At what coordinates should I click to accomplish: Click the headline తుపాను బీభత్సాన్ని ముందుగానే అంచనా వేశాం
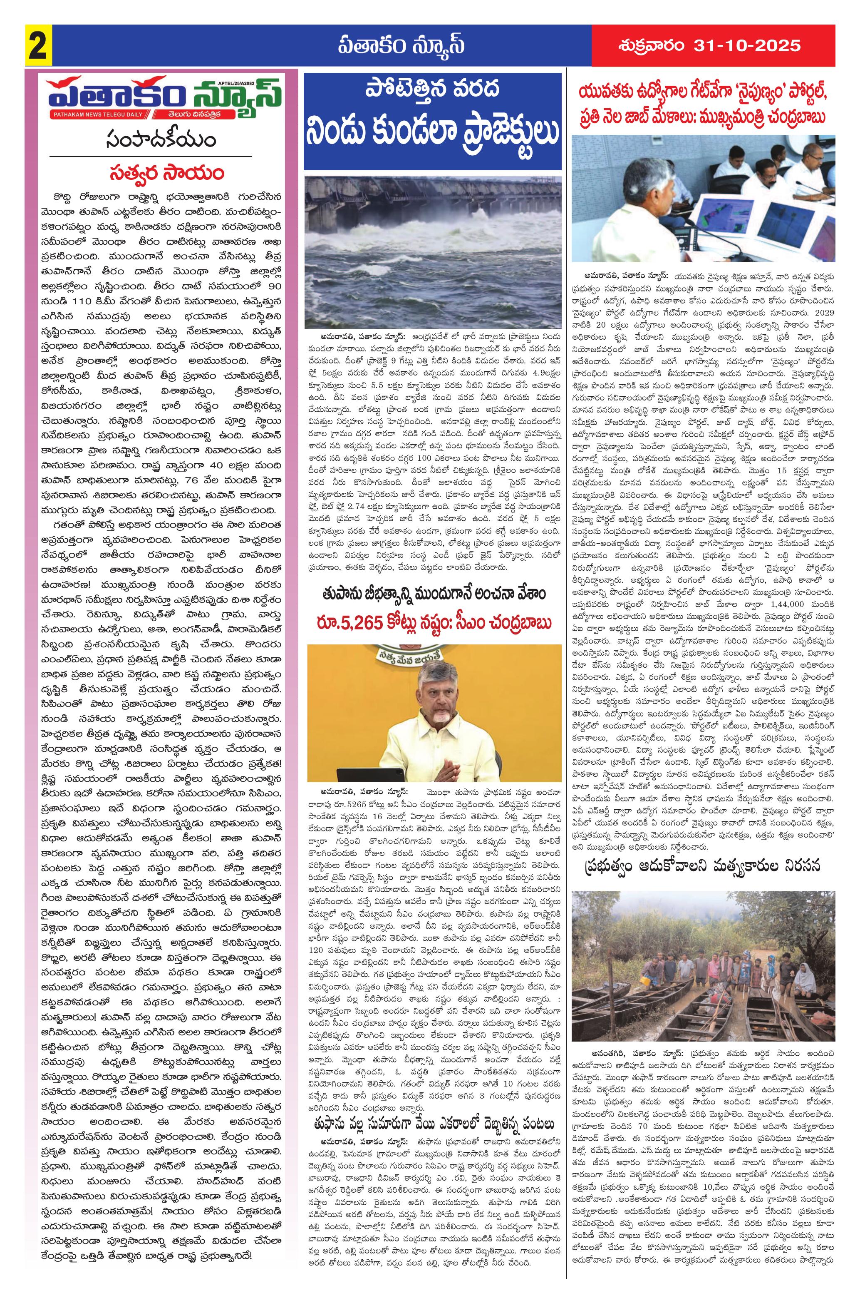(433, 594)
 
